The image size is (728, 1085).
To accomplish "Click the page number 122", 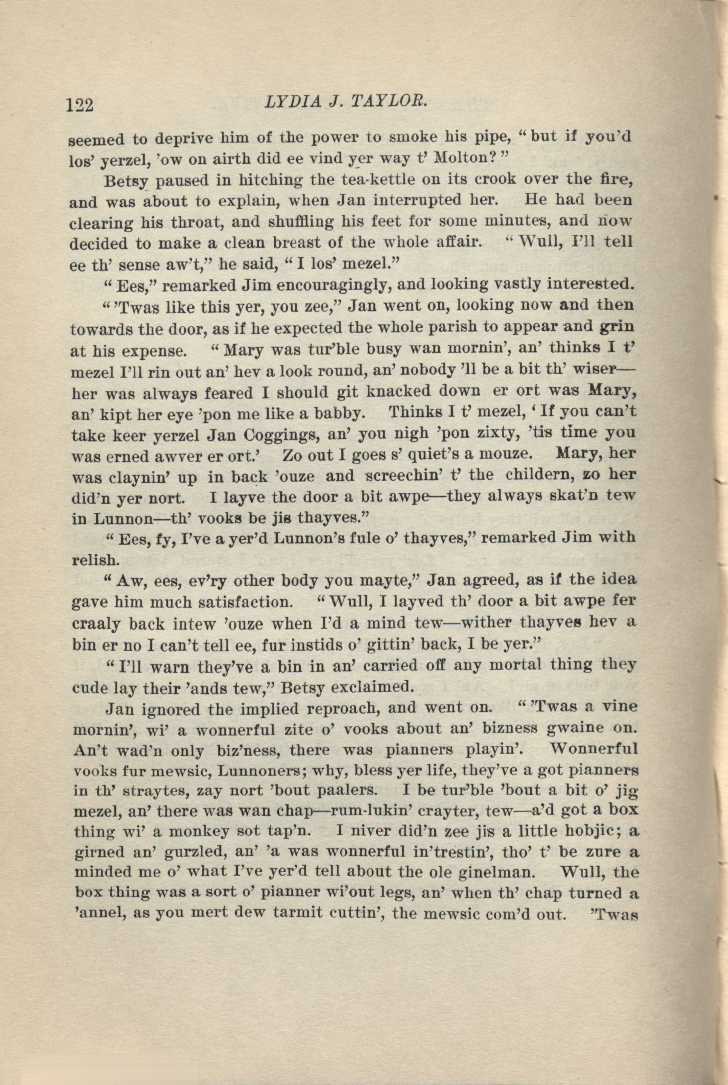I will pos(80,104).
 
